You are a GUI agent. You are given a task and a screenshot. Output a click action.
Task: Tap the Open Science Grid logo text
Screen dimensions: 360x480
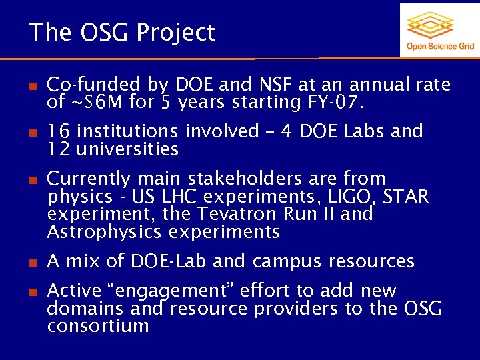point(440,46)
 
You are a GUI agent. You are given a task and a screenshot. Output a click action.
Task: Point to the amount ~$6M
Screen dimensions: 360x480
point(90,102)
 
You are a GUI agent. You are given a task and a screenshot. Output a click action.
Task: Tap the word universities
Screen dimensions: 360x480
point(127,149)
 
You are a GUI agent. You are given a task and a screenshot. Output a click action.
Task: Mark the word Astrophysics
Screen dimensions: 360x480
point(105,232)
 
